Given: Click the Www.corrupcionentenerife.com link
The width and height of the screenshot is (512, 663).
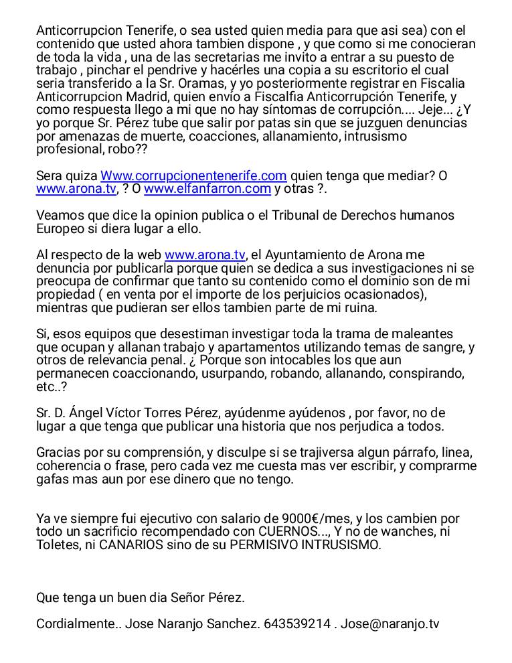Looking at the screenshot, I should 193,175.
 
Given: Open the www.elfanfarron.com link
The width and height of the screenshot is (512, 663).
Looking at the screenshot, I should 207,189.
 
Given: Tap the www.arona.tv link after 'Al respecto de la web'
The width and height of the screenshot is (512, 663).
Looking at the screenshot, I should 205,255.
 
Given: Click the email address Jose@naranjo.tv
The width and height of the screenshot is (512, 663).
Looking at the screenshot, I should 390,624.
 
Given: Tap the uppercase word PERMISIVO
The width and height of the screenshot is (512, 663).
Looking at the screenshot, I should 266,544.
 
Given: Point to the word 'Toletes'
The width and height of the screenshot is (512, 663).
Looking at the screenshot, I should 58,544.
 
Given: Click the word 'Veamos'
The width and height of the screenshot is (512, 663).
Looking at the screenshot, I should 59,216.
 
